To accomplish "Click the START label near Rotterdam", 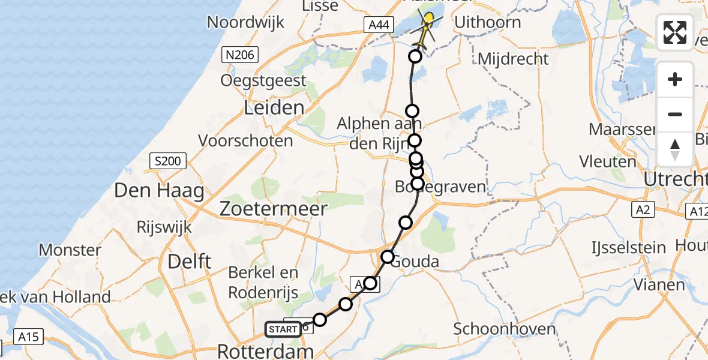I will pos(283,329).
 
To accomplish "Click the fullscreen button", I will pos(675,32).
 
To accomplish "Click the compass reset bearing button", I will pos(675,149).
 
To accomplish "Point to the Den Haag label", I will pos(159,191).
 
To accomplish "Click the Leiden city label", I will pos(274,108).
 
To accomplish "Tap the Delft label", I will pos(189,262).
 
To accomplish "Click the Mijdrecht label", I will pos(514,59).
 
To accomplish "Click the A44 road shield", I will pos(379,25).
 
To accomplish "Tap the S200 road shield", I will pos(167,161).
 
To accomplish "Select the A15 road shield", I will pos(27,337).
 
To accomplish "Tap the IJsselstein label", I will pos(628,247).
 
